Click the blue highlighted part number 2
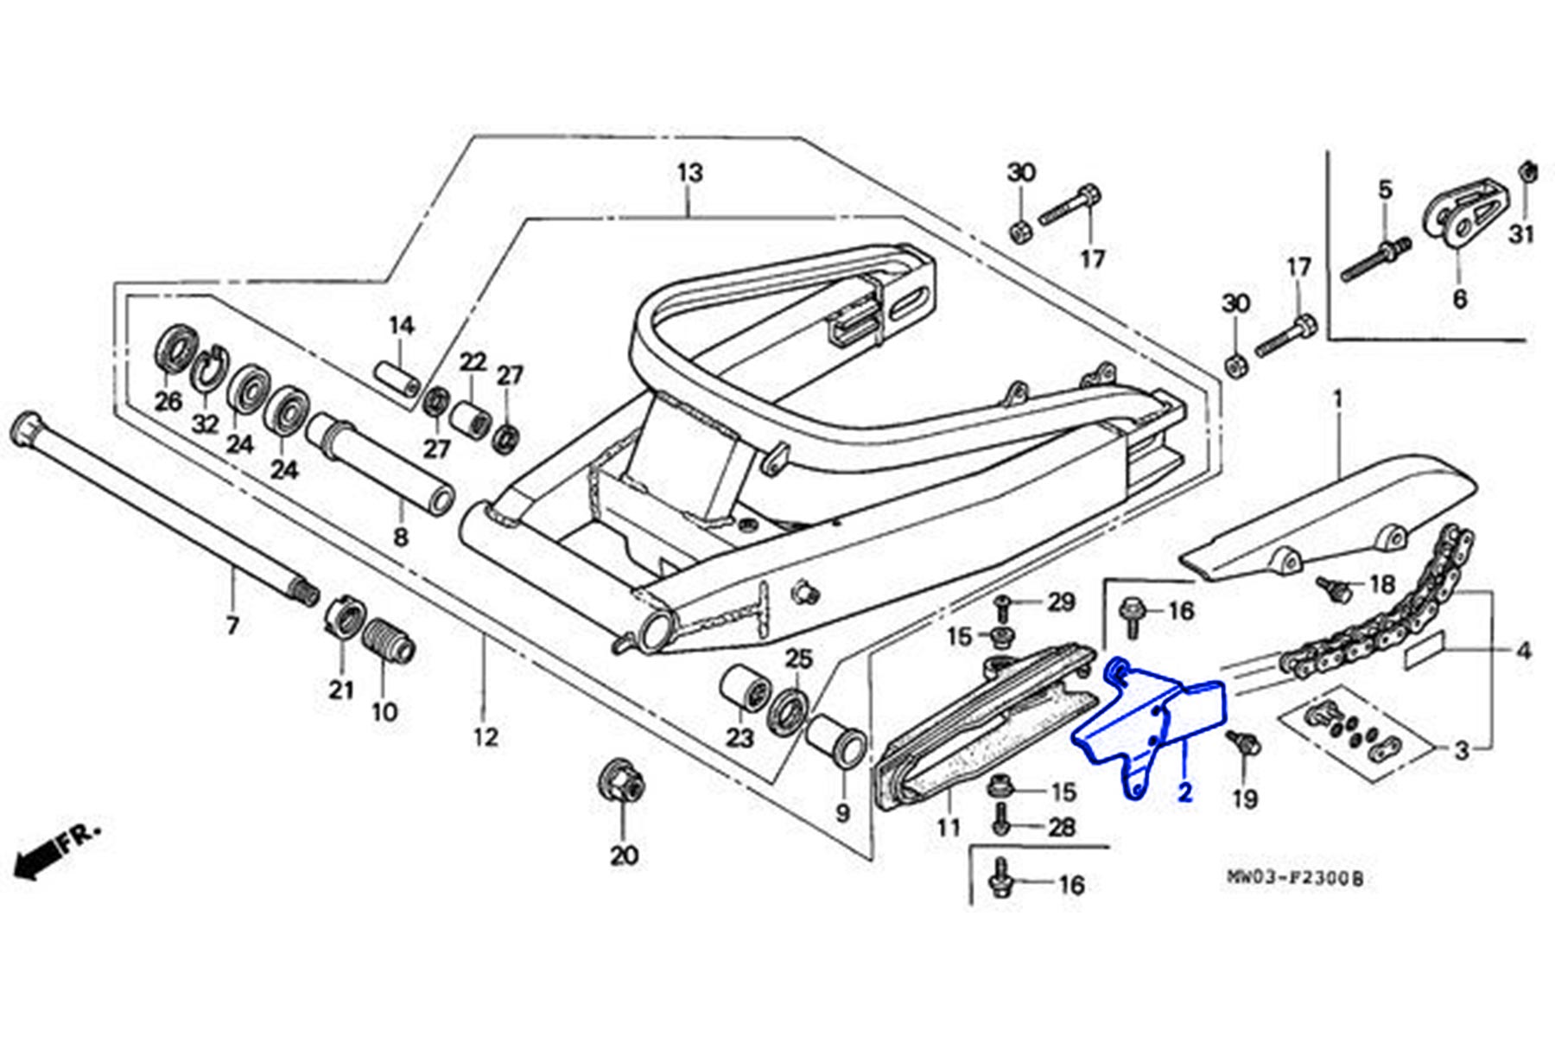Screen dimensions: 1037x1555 point(1184,792)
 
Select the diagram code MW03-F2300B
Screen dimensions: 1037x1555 point(1295,879)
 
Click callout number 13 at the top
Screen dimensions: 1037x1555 point(689,173)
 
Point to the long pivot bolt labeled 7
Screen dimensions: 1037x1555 point(164,510)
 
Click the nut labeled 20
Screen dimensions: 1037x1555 point(622,784)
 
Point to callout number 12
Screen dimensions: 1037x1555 point(486,737)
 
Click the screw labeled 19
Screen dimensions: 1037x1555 point(1241,742)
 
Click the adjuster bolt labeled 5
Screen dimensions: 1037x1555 point(1375,260)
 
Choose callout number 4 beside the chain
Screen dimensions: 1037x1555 point(1523,650)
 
